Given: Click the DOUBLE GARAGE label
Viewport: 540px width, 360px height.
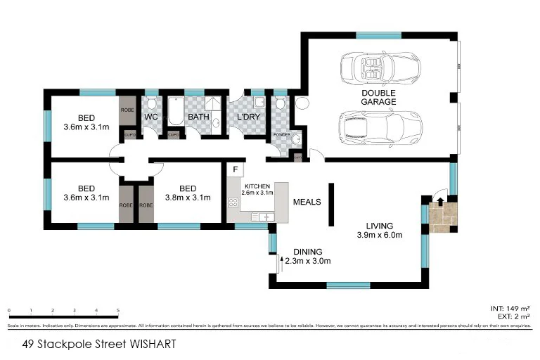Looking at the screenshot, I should [x=378, y=97].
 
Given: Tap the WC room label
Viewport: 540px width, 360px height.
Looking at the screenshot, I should [x=151, y=117].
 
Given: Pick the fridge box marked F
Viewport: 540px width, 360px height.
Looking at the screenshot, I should [x=235, y=170].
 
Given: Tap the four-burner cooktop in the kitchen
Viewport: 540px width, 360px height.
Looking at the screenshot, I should [x=233, y=202].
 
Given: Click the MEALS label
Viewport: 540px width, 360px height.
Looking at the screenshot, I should [x=307, y=202].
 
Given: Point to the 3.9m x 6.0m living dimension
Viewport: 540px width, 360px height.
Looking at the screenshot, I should [x=379, y=235].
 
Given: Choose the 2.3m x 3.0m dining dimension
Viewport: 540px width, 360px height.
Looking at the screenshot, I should [x=308, y=261].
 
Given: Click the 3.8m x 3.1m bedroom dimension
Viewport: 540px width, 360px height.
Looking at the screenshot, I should [x=186, y=198].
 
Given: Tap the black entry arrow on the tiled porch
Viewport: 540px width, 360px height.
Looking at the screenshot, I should [x=439, y=201].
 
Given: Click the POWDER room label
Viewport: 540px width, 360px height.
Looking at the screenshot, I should [x=282, y=134].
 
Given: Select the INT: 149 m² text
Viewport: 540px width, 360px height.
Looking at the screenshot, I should [x=509, y=308].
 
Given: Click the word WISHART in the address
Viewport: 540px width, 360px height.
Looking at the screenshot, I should [x=150, y=344].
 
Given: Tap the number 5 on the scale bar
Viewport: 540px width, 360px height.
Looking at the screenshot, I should [x=118, y=310].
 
